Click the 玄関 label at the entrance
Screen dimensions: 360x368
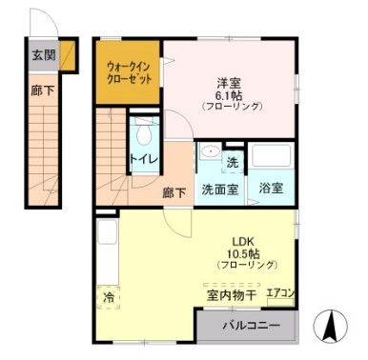pos(42,55)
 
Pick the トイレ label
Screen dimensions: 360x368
pos(143,159)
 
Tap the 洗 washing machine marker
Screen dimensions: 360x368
pos(233,161)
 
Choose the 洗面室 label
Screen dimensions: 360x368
pos(220,189)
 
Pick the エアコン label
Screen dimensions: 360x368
pos(280,293)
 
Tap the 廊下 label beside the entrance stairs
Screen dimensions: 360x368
pos(42,91)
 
